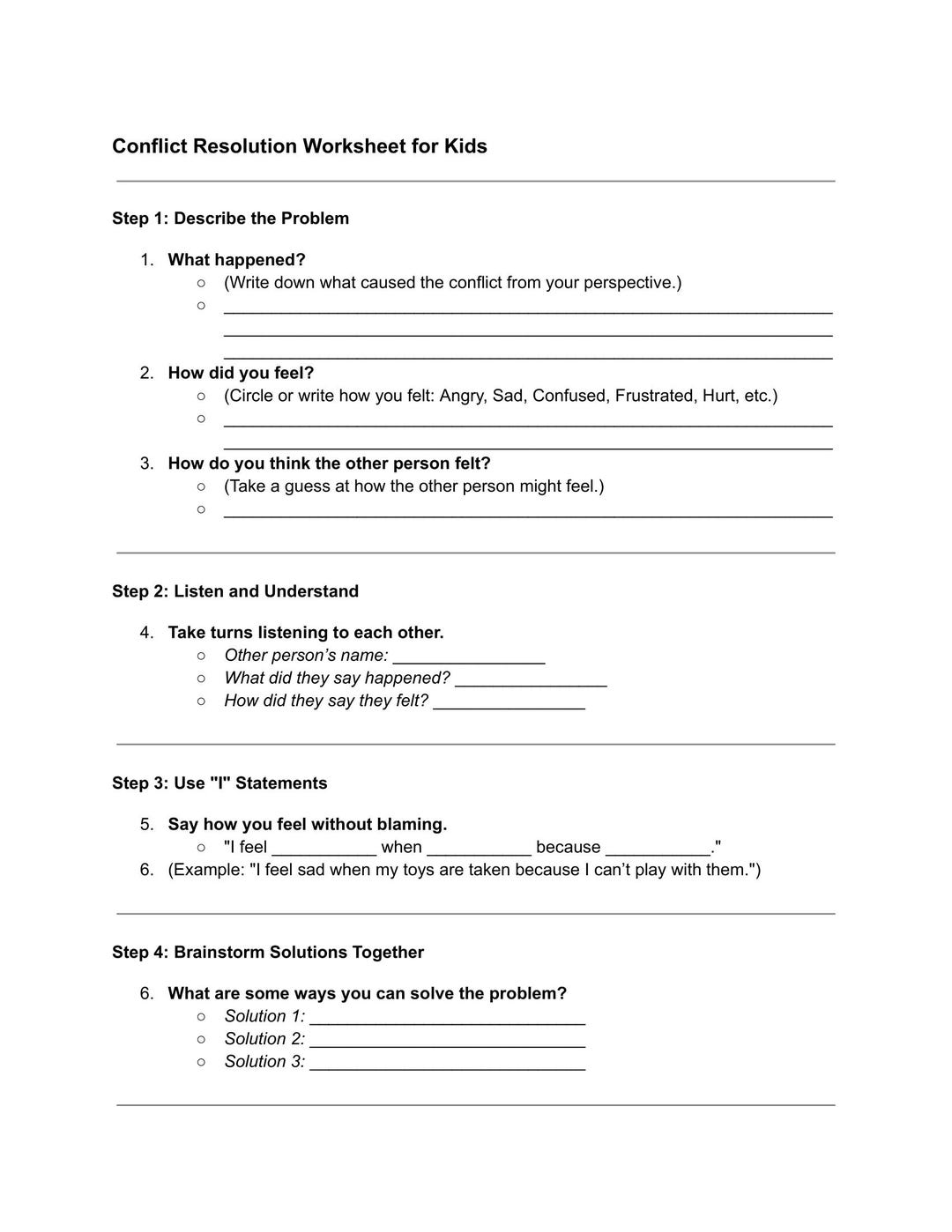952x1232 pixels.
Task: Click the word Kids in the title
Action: pyautogui.click(x=465, y=146)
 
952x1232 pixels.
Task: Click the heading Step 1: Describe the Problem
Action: pyautogui.click(x=230, y=219)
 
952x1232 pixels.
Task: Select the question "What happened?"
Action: pyautogui.click(x=236, y=260)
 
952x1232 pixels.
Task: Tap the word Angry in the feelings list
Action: pyautogui.click(x=461, y=396)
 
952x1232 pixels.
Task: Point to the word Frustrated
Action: pyautogui.click(x=654, y=396)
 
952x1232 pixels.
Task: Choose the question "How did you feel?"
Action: pyautogui.click(x=241, y=373)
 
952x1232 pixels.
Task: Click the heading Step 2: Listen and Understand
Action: pyautogui.click(x=235, y=591)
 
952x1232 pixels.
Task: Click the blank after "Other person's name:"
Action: pyautogui.click(x=468, y=657)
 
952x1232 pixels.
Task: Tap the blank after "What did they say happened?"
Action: pyautogui.click(x=531, y=680)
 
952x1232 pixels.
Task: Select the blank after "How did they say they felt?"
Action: pyautogui.click(x=509, y=703)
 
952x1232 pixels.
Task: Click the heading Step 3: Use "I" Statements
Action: pyautogui.click(x=219, y=783)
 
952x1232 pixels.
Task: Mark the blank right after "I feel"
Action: pyautogui.click(x=324, y=850)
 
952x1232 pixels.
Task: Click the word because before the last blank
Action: pyautogui.click(x=568, y=847)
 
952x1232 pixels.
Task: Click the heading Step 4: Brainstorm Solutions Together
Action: pyautogui.click(x=268, y=953)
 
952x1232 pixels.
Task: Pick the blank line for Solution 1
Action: pyautogui.click(x=447, y=1019)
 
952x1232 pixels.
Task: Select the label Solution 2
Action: pyautogui.click(x=264, y=1039)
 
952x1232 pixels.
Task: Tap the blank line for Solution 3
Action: pyautogui.click(x=447, y=1065)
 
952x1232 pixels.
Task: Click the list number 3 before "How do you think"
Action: pyautogui.click(x=146, y=464)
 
